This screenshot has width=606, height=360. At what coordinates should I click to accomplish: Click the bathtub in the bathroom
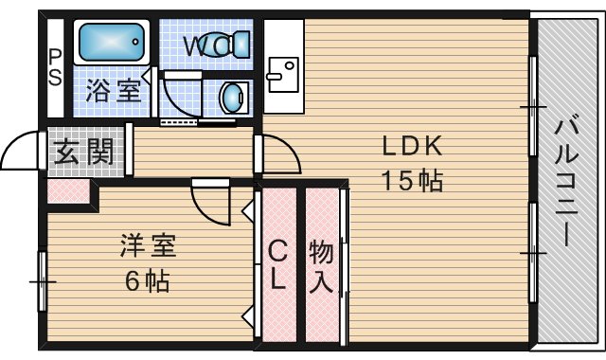click(112, 42)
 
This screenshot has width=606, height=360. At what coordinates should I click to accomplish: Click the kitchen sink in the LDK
click(284, 74)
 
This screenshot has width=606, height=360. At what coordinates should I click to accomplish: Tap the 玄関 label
click(83, 152)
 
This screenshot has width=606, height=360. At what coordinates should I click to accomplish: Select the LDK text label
click(412, 146)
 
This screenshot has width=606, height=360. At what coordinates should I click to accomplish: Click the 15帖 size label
click(412, 181)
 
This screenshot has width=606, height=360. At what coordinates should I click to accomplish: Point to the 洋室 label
click(148, 246)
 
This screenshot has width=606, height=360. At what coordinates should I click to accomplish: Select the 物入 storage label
click(321, 266)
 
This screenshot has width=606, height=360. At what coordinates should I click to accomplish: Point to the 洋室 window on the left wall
click(42, 281)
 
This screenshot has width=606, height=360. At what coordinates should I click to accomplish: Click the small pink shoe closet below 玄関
click(68, 190)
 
